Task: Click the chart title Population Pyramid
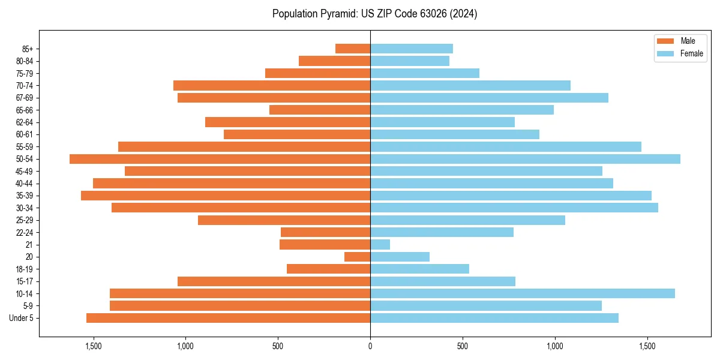[x=374, y=14]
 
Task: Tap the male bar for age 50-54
[x=220, y=159]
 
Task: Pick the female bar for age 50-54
[x=525, y=159]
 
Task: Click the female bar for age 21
[x=380, y=245]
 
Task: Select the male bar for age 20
[x=357, y=257]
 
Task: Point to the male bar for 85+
[x=353, y=49]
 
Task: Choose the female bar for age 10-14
[x=522, y=293]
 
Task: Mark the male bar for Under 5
[x=228, y=318]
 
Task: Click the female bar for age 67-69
[x=489, y=98]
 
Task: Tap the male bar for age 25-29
[x=284, y=220]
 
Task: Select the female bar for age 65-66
[x=462, y=110]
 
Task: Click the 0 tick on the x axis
[x=370, y=346]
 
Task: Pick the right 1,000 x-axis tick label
[x=555, y=346]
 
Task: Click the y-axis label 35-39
[x=24, y=196]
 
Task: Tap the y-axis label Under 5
[x=21, y=318]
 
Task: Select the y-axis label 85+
[x=28, y=49]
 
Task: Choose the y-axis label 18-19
[x=24, y=269]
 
